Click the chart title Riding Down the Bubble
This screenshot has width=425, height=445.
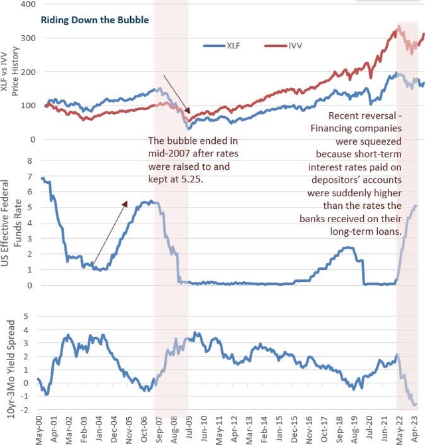coord(94,20)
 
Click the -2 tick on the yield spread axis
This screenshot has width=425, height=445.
coord(29,410)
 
